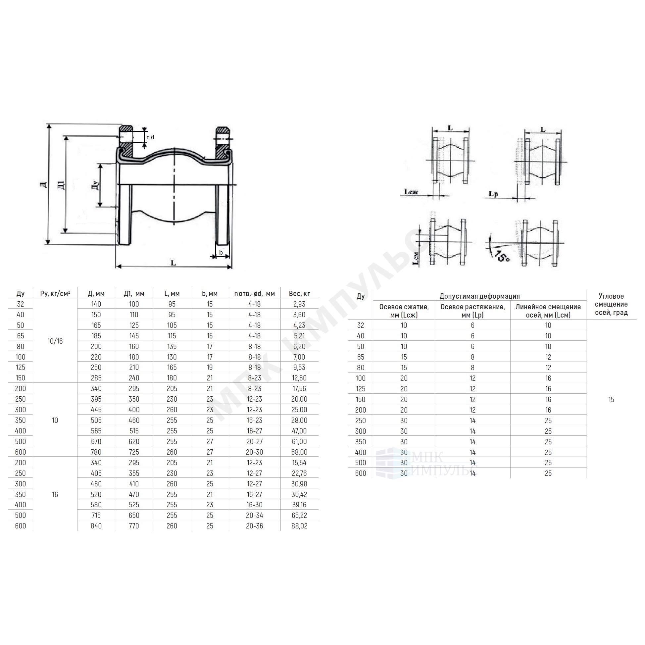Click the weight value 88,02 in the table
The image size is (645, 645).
pos(299,526)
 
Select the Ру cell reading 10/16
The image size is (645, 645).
pos(55,341)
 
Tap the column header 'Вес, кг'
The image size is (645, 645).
pos(299,294)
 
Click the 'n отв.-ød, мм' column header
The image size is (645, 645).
pos(254,294)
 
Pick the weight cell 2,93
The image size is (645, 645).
pos(299,304)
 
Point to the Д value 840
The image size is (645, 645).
pos(96,526)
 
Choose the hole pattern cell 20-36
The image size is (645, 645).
pos(254,526)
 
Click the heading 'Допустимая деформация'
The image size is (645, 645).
pos(479,296)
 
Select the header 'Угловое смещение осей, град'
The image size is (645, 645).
pos(611,304)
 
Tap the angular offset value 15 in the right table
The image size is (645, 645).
pos(611,399)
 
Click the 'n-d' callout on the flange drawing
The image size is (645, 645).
pos(150,137)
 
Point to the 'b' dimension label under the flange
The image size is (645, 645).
pos(221,253)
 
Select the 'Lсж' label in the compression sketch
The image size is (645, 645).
pos(411,192)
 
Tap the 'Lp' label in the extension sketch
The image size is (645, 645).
pos(493,194)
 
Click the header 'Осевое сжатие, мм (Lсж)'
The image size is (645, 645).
pos(404,311)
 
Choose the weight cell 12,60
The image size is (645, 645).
pos(299,378)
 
